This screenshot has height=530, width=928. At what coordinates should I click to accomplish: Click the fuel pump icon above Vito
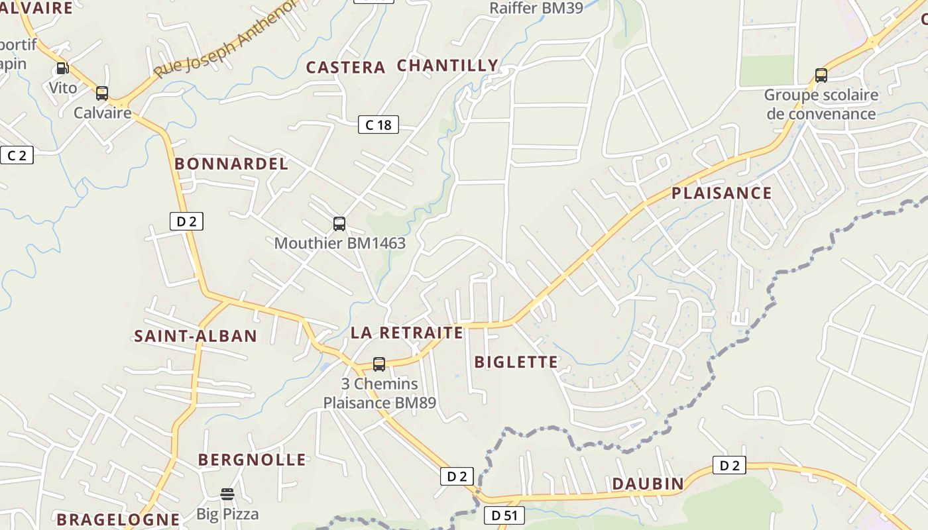pos(62,68)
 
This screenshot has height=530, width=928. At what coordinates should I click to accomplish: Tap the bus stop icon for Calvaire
pos(101,93)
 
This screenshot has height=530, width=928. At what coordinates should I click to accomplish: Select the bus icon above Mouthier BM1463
pos(339,224)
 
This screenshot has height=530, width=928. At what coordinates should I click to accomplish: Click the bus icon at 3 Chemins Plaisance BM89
pos(379,364)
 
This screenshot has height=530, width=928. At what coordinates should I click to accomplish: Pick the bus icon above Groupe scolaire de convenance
pos(821,76)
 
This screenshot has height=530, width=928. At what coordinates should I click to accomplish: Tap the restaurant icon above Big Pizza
pos(227,494)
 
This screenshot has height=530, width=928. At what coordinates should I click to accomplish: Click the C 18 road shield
pos(378,125)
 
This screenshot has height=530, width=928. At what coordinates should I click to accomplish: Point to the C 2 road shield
pos(17,155)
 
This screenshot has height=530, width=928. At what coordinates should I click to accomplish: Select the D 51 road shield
pos(504,515)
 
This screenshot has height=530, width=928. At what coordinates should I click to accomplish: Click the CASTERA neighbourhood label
pos(345,67)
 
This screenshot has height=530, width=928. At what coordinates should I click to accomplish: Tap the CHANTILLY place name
pos(447,66)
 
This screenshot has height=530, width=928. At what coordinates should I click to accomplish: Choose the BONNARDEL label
pos(231,164)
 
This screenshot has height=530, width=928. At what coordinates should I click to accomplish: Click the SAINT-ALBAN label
pos(196,336)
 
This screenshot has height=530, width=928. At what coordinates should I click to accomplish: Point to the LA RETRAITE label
pos(407,333)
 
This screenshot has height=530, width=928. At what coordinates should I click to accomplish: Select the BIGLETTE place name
pos(516,362)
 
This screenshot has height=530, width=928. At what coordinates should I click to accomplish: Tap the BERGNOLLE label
pos(252,460)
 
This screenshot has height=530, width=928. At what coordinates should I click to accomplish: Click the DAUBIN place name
pos(648,484)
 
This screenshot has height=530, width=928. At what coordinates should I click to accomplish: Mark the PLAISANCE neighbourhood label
pos(722,193)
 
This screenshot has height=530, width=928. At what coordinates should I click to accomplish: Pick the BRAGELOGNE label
pos(118,519)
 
